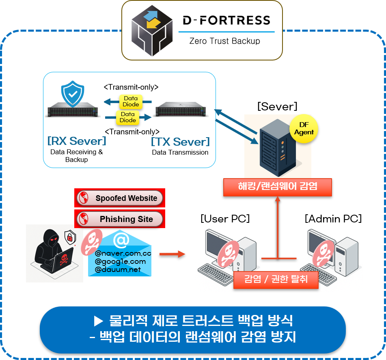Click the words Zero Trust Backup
(x=224, y=41)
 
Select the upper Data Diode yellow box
(x=131, y=101)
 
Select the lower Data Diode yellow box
(x=128, y=117)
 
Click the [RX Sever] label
(x=77, y=141)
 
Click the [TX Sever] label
(x=180, y=142)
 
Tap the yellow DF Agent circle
(x=304, y=129)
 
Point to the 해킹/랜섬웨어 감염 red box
(x=278, y=187)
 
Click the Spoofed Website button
(x=120, y=198)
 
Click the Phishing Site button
(x=120, y=219)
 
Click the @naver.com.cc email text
(x=123, y=253)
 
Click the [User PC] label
(x=225, y=219)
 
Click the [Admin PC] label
(x=333, y=219)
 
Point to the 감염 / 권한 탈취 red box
(x=276, y=280)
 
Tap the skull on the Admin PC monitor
(x=328, y=250)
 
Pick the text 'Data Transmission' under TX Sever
(x=180, y=153)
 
